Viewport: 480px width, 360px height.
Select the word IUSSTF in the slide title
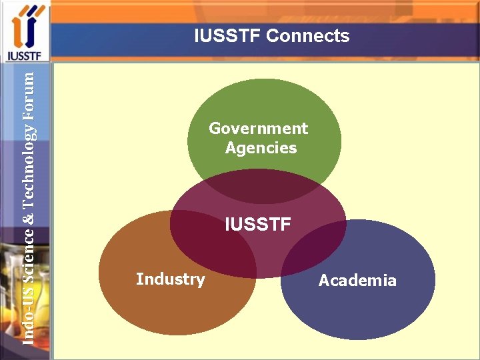coord(227,36)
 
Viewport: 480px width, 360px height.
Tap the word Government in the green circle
coord(259,128)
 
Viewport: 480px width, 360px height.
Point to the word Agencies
coord(261,148)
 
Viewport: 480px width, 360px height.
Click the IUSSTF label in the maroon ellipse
coord(258,225)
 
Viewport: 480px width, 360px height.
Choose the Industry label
coord(170,279)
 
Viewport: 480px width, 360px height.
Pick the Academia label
coord(357,281)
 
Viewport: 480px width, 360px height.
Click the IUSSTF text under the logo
coord(25,55)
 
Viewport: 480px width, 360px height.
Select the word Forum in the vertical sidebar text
coord(28,91)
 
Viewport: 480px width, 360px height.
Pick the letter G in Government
coord(215,128)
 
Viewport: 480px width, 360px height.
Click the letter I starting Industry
coord(138,279)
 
